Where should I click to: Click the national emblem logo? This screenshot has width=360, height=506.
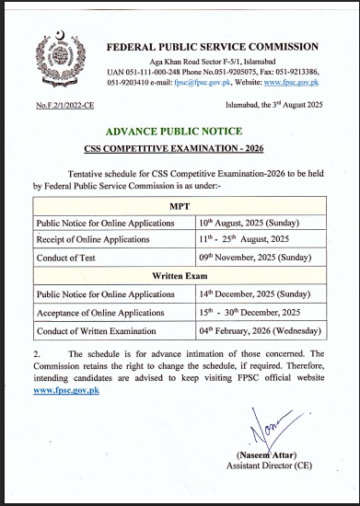57,54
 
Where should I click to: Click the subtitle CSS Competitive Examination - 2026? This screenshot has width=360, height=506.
180,150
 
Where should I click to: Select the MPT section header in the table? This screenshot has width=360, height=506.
180,207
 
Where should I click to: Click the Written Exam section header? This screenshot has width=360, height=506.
180,275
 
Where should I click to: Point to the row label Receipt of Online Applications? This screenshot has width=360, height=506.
92,240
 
